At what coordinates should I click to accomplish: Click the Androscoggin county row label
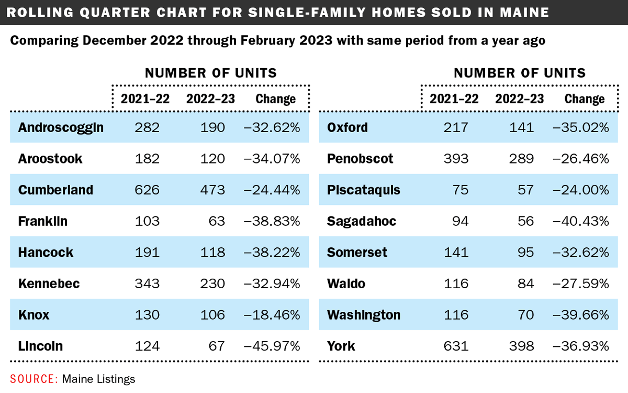click(x=61, y=128)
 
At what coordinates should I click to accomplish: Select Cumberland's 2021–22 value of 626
click(x=147, y=190)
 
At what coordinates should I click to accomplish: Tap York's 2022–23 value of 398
click(x=521, y=346)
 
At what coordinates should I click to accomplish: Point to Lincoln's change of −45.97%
click(x=272, y=346)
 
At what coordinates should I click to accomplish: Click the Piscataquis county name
click(x=364, y=190)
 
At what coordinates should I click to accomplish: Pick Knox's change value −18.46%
click(x=272, y=315)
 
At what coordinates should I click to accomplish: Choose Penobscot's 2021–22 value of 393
click(x=456, y=159)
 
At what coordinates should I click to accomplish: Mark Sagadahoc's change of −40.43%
click(x=581, y=221)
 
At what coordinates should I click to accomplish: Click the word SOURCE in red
click(x=33, y=379)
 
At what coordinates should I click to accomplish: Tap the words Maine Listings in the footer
click(x=99, y=379)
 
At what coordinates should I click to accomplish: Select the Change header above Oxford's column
click(x=585, y=99)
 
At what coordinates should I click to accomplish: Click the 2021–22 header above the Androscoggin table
click(x=145, y=99)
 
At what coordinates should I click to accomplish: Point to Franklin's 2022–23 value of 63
click(x=217, y=221)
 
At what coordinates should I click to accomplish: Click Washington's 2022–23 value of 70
click(x=525, y=315)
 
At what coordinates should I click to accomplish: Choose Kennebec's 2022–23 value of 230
click(x=212, y=284)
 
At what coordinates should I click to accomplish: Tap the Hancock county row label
click(x=46, y=253)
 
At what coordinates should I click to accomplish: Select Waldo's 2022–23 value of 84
click(x=525, y=284)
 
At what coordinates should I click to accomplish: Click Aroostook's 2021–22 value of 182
click(x=147, y=159)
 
